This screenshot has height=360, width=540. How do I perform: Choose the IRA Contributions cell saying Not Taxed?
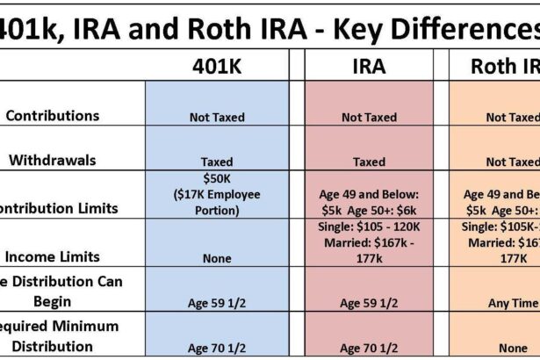coord(369,118)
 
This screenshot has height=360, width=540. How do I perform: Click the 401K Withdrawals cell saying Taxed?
coord(216,162)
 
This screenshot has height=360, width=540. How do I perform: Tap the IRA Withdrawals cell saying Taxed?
coord(369,162)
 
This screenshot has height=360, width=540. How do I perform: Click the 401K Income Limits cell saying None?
coord(216,258)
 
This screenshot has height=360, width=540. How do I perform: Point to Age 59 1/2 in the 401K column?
coord(216,304)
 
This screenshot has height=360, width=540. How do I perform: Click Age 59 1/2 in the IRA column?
coord(369,304)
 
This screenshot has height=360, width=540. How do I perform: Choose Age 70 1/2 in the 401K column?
coord(216,348)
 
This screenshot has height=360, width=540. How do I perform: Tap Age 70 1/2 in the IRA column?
coord(369,348)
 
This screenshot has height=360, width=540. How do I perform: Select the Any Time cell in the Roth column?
coord(512,304)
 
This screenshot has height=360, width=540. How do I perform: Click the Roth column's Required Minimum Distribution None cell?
coord(512,348)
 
